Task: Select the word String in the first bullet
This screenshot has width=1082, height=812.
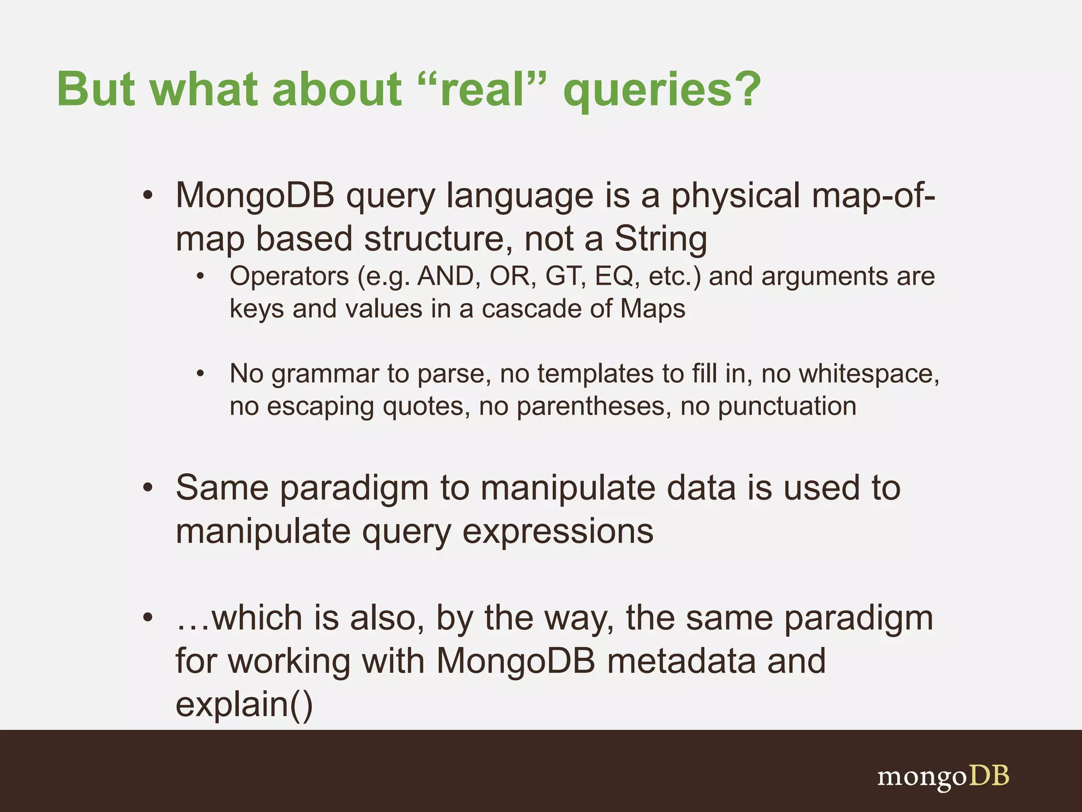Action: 660,239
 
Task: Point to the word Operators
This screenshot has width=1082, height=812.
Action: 289,276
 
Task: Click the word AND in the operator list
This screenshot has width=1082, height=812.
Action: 445,276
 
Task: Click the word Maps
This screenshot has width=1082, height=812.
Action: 652,309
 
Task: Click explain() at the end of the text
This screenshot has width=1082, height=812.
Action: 244,705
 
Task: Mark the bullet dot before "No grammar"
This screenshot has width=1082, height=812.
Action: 200,374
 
